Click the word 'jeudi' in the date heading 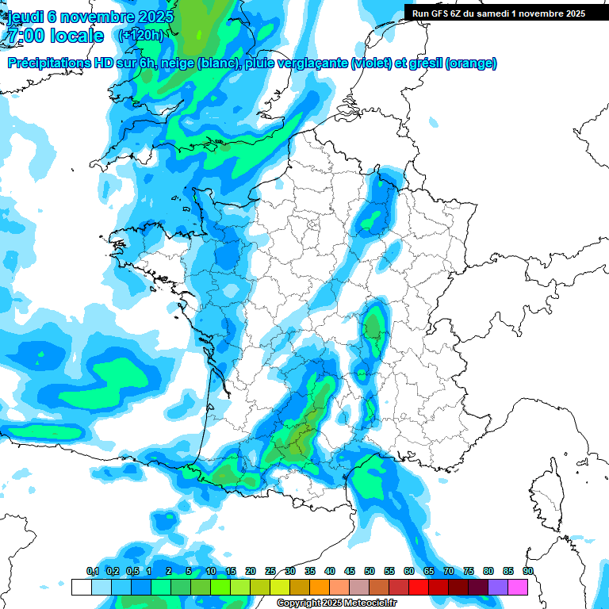click(25, 16)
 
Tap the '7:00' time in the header click(25, 36)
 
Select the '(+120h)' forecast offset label click(140, 35)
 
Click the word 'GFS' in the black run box click(442, 13)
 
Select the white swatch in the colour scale click(81, 587)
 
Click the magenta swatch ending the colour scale click(518, 587)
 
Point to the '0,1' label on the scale click(92, 571)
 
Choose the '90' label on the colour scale click(527, 571)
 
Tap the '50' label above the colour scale click(370, 571)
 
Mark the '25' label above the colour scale click(270, 571)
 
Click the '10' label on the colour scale click(211, 571)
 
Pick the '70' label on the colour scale click(449, 571)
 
